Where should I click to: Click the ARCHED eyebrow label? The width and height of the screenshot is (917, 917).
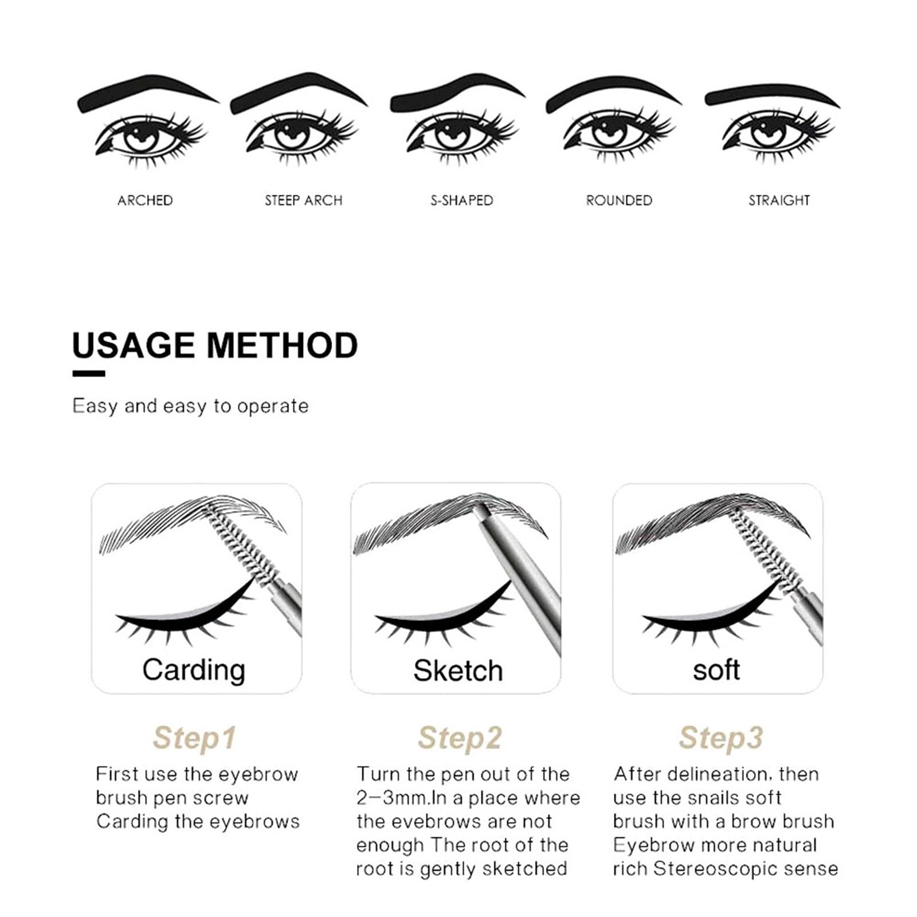pyautogui.click(x=145, y=200)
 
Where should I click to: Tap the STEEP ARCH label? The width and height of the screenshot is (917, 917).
pyautogui.click(x=303, y=200)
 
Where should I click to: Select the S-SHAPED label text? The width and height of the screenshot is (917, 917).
pyautogui.click(x=462, y=200)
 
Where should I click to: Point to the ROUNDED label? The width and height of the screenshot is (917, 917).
pyautogui.click(x=619, y=200)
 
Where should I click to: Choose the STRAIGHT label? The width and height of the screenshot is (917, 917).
pyautogui.click(x=779, y=200)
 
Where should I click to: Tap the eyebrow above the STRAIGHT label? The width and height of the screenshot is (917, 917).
pyautogui.click(x=771, y=96)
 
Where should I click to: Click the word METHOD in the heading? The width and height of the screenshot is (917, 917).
pyautogui.click(x=282, y=346)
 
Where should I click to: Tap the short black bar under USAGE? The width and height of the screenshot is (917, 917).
pyautogui.click(x=89, y=374)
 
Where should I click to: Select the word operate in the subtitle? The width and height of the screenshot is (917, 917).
pyautogui.click(x=273, y=407)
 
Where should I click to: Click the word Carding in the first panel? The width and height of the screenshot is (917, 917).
pyautogui.click(x=194, y=671)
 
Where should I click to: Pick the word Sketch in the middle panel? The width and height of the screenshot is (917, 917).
pyautogui.click(x=458, y=671)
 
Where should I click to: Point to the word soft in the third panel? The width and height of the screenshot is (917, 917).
pyautogui.click(x=716, y=669)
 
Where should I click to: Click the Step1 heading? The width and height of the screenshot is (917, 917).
pyautogui.click(x=194, y=738)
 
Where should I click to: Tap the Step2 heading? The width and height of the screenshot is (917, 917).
pyautogui.click(x=460, y=738)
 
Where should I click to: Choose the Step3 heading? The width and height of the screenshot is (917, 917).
pyautogui.click(x=721, y=738)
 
